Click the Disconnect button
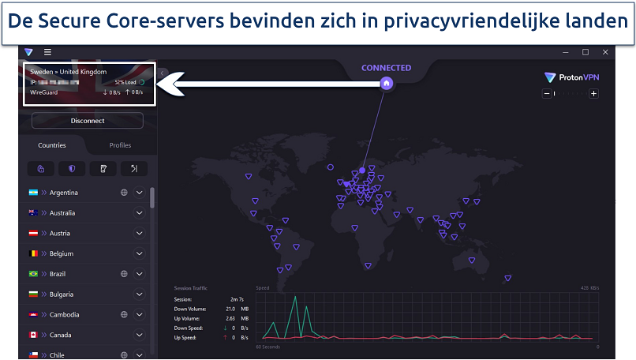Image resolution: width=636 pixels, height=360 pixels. point(87,121)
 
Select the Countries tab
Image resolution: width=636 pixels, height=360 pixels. point(52,145)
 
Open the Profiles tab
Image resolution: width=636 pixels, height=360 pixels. point(120,145)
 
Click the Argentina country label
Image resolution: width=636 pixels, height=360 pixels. point(63,193)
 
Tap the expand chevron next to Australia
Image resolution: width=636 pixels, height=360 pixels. point(140,213)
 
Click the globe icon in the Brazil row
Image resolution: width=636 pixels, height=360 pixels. point(124,274)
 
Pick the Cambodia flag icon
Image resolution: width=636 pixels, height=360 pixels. point(34,314)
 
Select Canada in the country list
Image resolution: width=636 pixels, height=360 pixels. point(60,335)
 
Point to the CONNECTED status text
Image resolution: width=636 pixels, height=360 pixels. point(386,68)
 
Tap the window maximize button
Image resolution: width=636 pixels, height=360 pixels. point(585,52)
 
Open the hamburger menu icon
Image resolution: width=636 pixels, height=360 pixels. point(47,52)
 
